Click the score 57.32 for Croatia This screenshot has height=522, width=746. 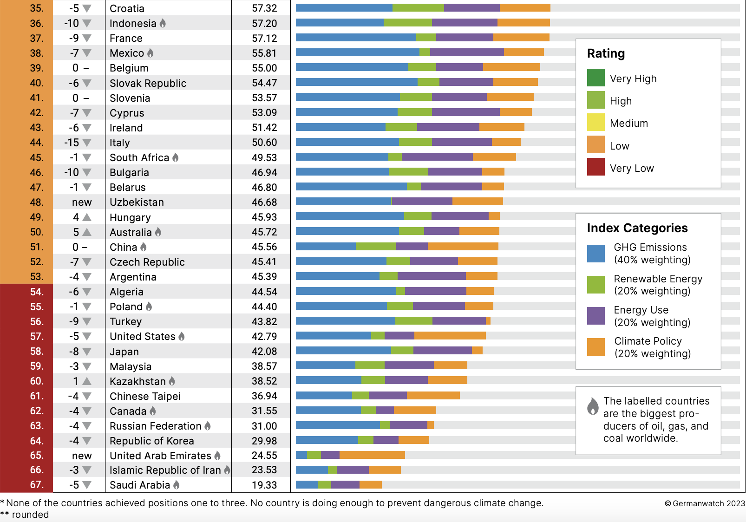click(264, 8)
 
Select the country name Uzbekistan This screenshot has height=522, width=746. click(137, 202)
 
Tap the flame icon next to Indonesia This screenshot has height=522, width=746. click(163, 23)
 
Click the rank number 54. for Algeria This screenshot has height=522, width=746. click(37, 292)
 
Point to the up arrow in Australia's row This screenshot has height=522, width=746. click(86, 232)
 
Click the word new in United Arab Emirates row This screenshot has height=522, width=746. click(82, 456)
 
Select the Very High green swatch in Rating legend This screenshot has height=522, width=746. click(596, 78)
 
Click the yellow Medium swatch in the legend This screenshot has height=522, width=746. click(596, 123)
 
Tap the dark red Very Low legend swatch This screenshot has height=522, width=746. click(596, 167)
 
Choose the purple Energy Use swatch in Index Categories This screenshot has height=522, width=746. click(596, 316)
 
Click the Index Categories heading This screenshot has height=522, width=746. click(637, 228)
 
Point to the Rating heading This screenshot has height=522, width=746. click(606, 53)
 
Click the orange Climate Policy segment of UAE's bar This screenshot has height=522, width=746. click(372, 455)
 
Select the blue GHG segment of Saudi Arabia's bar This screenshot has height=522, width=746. click(307, 484)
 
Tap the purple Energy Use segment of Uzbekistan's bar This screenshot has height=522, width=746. click(422, 201)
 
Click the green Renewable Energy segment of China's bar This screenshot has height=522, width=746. click(376, 246)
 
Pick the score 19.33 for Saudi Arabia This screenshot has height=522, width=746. click(264, 485)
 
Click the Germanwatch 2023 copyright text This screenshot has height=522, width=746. click(705, 503)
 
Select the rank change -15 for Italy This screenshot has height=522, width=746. click(72, 143)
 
